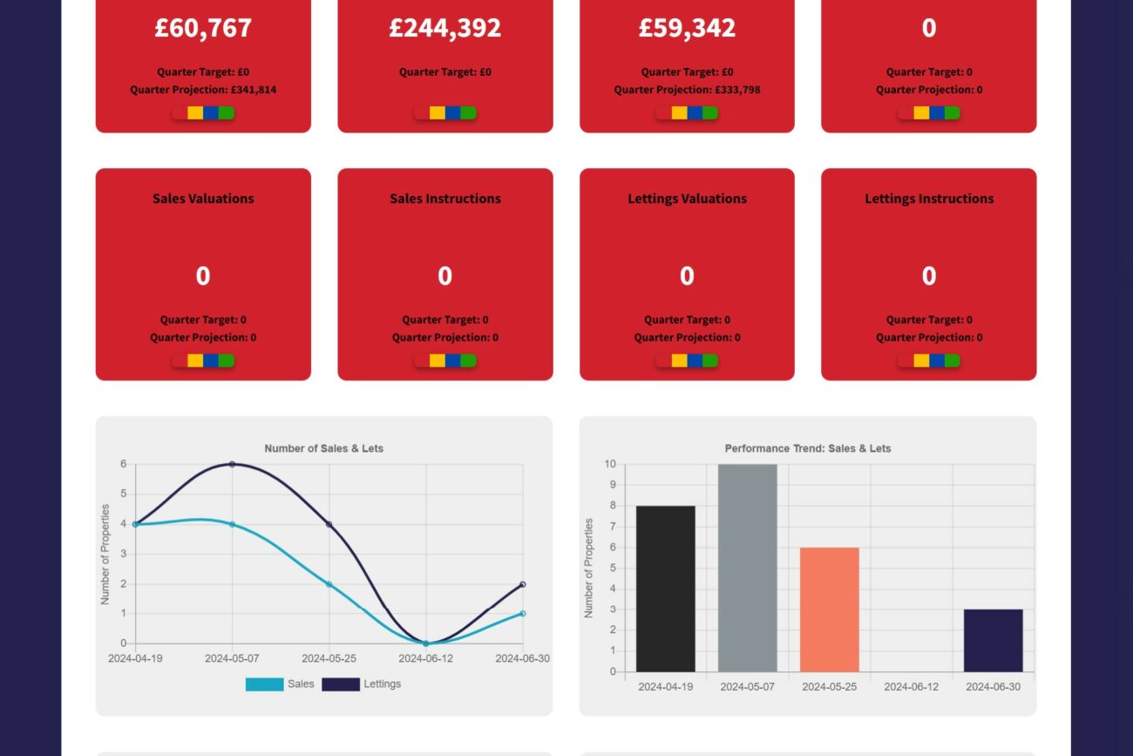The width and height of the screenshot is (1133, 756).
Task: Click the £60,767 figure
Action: coord(203,28)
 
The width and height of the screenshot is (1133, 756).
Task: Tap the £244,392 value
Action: coord(444,28)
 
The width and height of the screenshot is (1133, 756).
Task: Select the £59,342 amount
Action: coord(687,28)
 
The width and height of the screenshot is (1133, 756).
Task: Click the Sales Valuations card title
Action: coord(203,199)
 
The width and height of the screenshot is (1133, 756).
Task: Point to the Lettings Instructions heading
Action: coord(929,199)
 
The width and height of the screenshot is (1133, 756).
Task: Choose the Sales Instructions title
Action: coord(444,199)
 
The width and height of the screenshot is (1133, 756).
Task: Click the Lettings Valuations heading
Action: coord(687,199)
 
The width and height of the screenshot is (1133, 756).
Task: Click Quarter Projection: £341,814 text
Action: coord(203,90)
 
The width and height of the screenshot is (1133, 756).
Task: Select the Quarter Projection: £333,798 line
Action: coord(687,90)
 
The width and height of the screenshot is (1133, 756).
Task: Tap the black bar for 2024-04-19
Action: coord(666,589)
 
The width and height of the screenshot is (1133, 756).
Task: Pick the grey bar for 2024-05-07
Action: coord(748,567)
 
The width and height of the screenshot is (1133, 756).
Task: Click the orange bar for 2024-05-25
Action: coord(830,610)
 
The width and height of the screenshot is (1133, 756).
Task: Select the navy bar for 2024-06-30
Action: coord(994,640)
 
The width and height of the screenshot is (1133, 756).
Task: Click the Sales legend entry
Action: coord(280,684)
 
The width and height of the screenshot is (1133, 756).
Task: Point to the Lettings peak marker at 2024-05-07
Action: coord(232,464)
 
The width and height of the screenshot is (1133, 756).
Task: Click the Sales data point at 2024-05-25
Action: coord(329,584)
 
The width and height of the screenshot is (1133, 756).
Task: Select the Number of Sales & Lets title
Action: coord(323,449)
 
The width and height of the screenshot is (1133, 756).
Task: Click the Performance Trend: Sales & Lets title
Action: coord(808,449)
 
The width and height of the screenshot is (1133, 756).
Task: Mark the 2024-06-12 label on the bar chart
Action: coord(912,687)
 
